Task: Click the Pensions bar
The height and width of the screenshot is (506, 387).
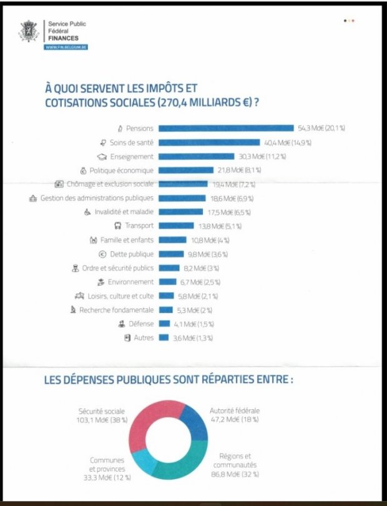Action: [226, 128]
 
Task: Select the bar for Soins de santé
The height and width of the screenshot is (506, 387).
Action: [209, 142]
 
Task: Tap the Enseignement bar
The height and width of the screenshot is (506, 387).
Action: [197, 157]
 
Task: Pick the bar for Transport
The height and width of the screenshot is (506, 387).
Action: [176, 226]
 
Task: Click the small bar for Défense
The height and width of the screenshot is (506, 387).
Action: [164, 324]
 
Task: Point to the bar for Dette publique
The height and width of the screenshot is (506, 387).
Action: [171, 254]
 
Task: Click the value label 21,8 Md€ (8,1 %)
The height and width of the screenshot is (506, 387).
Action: [239, 170]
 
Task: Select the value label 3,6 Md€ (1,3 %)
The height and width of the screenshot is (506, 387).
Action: [193, 338]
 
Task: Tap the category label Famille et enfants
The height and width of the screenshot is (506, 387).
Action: [127, 240]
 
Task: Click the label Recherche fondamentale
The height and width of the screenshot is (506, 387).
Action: [117, 310]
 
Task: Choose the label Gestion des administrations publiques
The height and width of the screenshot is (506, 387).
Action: [97, 198]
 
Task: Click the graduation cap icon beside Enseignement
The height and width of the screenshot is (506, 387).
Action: [102, 157]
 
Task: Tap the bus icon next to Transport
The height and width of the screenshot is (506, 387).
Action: [118, 226]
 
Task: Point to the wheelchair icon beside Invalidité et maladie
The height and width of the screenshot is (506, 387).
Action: [87, 212]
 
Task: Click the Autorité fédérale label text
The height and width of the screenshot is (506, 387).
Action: [235, 410]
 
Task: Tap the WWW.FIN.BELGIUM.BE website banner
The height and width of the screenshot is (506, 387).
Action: [66, 47]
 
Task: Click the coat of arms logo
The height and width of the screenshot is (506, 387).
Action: [29, 31]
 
